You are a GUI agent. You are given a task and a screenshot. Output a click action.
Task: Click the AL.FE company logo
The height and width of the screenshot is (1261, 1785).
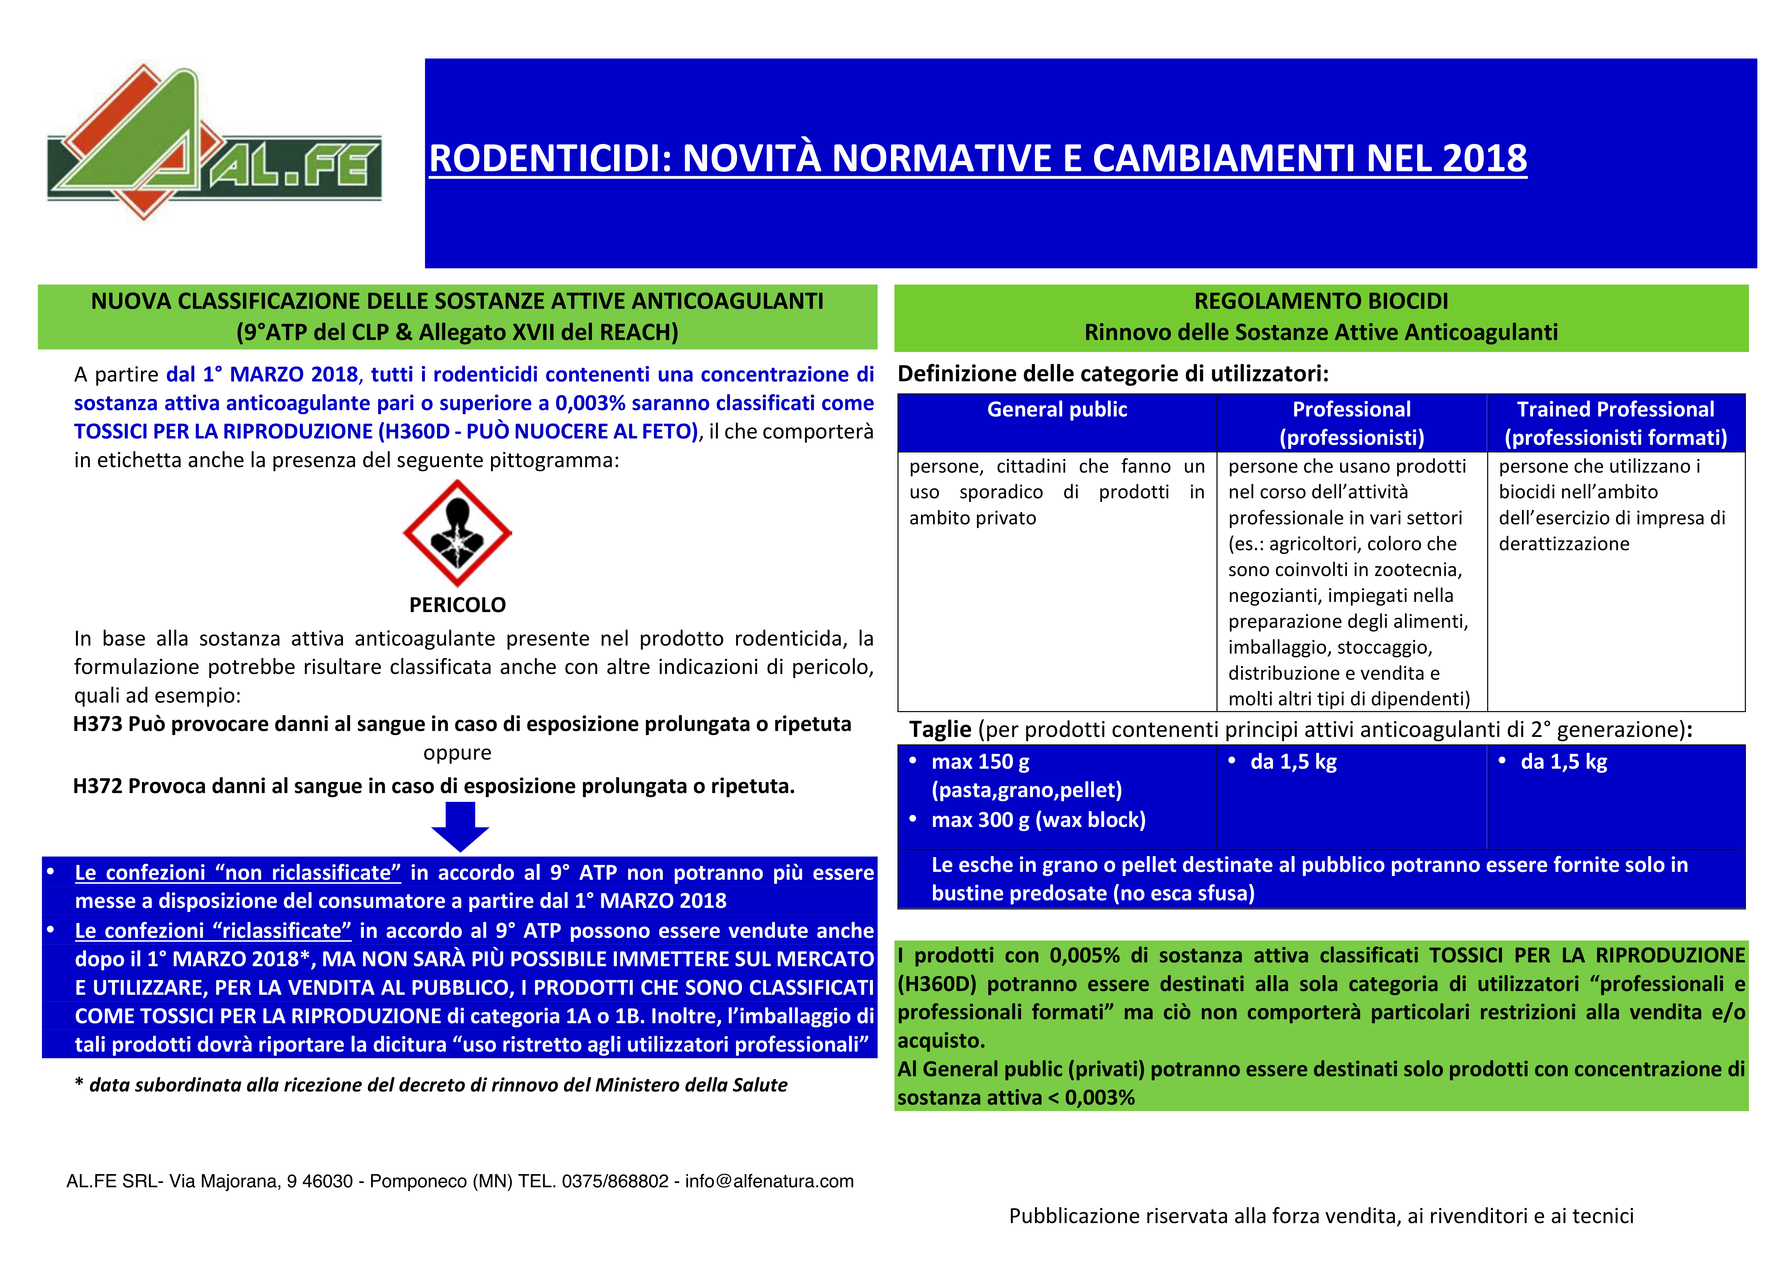click(214, 144)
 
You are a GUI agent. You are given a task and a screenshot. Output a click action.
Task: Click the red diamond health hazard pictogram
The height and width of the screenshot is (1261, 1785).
click(457, 533)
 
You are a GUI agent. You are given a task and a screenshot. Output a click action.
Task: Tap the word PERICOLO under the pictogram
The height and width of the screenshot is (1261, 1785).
click(457, 605)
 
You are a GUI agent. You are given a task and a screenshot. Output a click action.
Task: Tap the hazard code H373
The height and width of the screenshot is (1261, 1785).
click(98, 725)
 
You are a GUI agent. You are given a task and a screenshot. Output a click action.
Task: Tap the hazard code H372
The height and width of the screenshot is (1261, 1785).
click(98, 787)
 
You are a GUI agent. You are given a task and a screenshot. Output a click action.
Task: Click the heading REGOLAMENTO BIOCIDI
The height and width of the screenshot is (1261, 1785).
click(1321, 301)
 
